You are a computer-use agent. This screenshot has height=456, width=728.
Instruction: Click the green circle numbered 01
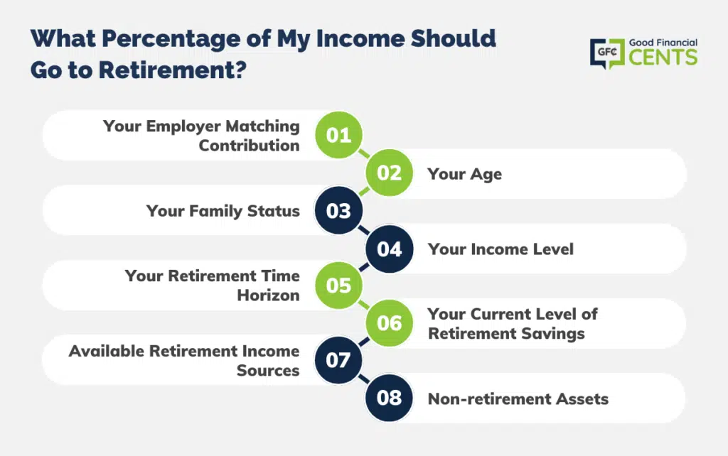tap(338, 135)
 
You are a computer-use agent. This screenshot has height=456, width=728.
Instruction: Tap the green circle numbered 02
tap(389, 173)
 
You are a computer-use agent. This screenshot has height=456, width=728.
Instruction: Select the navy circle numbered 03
tap(338, 211)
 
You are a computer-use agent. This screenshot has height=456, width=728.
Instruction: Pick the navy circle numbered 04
tap(389, 249)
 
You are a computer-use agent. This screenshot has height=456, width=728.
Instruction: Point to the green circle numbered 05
tap(338, 286)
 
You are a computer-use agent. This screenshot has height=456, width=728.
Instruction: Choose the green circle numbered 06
tap(389, 323)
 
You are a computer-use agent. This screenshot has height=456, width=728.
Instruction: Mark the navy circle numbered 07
tap(338, 360)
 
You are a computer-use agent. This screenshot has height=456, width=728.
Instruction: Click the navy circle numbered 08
tap(389, 398)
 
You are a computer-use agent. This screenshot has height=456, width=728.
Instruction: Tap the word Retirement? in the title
tap(172, 70)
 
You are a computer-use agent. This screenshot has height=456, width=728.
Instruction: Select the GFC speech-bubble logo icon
tap(607, 53)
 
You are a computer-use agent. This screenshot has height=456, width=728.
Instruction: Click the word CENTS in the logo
tap(663, 57)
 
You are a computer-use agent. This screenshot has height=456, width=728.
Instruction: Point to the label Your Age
tap(465, 175)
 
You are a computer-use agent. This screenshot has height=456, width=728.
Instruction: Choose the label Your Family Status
tap(223, 211)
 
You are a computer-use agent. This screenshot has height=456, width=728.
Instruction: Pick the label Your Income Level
tap(500, 249)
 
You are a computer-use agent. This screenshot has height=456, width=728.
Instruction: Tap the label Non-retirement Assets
tap(518, 399)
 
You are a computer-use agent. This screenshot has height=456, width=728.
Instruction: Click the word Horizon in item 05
tap(268, 295)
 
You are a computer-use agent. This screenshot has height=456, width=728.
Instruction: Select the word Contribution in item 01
tap(250, 145)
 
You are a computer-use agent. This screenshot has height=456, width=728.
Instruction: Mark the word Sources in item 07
tap(268, 370)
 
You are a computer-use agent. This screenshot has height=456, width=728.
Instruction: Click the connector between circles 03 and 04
tap(364, 229)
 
